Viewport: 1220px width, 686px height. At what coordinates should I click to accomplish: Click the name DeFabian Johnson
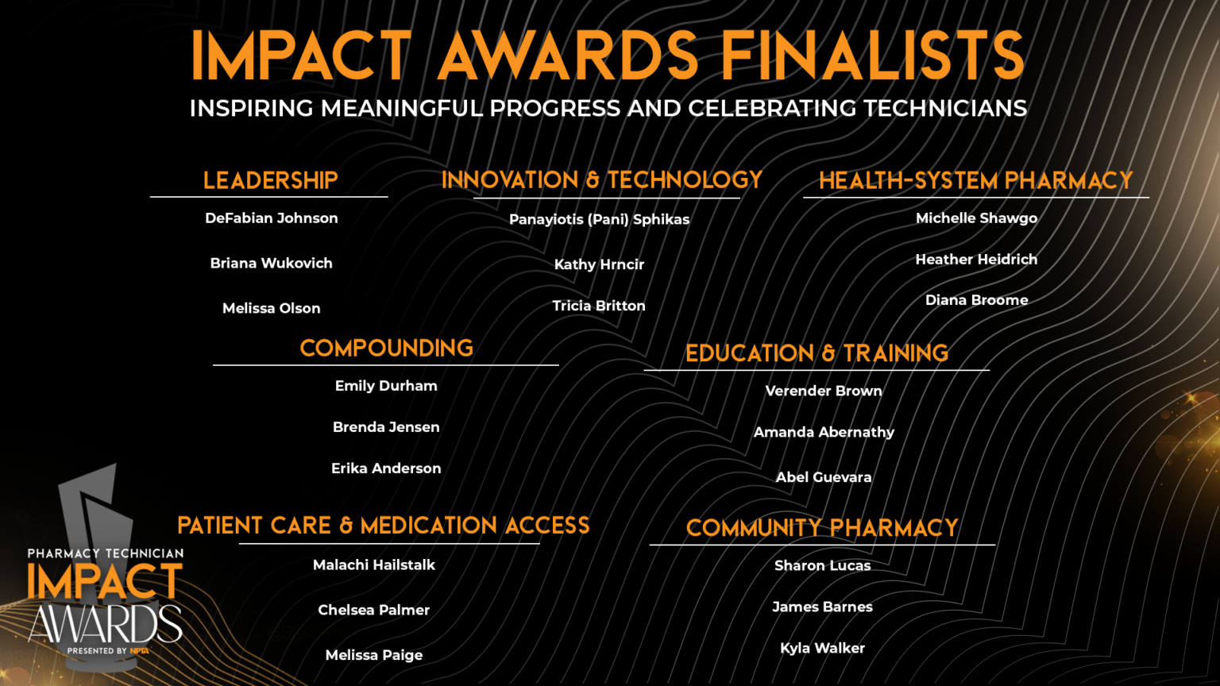[x=271, y=218]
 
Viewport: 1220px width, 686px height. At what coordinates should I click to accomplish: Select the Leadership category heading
[x=271, y=180]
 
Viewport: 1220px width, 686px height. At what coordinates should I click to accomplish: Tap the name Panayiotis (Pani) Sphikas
[x=599, y=219]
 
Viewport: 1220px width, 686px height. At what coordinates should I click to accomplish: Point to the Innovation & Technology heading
[x=602, y=179]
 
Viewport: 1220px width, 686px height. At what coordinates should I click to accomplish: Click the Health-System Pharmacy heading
[x=976, y=180]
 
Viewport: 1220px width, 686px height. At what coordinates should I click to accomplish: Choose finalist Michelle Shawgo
[x=976, y=218]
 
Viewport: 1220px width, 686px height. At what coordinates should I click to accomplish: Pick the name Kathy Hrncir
[x=599, y=264]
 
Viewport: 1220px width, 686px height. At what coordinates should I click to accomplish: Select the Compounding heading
[x=387, y=348]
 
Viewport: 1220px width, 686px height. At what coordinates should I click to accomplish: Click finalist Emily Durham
[x=386, y=386]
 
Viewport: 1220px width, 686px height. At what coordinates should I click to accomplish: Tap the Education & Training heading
[x=817, y=353]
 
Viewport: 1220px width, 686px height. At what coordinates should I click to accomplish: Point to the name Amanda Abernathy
[x=824, y=432]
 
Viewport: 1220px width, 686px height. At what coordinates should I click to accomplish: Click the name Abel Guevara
[x=824, y=477]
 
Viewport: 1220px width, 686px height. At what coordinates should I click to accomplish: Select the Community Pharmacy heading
[x=822, y=527]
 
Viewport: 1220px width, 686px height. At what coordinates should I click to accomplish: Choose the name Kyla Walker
[x=822, y=649]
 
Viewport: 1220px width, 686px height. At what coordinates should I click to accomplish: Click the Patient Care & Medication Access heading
[x=384, y=526]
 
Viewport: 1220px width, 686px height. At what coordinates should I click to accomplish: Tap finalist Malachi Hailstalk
[x=374, y=565]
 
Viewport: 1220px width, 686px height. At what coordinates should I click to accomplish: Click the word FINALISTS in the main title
[x=873, y=55]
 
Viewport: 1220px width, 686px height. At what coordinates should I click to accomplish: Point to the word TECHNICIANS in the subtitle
[x=945, y=108]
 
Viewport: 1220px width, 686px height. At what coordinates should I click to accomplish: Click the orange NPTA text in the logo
[x=140, y=650]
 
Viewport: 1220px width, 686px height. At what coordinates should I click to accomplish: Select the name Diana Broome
[x=976, y=300]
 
